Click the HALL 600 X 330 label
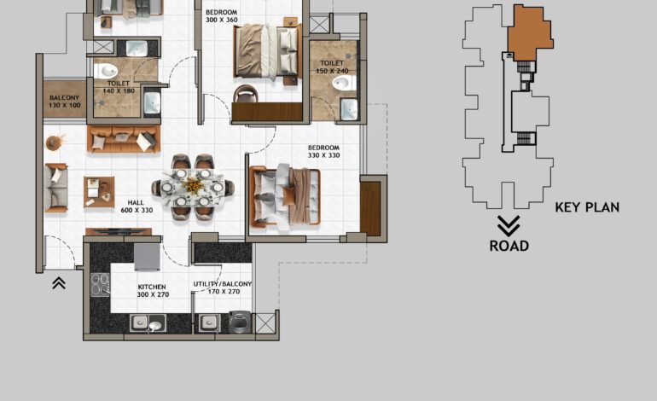point(136,206)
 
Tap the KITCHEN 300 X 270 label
point(151,290)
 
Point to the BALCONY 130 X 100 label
point(64,102)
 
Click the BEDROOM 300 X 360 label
point(221,16)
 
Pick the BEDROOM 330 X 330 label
point(323,151)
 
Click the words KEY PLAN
point(587,206)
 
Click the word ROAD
point(509,246)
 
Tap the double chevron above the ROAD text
point(509,225)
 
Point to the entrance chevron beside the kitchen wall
point(59,283)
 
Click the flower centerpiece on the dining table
point(194,183)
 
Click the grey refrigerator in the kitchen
point(147,254)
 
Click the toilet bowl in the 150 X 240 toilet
point(344,84)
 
